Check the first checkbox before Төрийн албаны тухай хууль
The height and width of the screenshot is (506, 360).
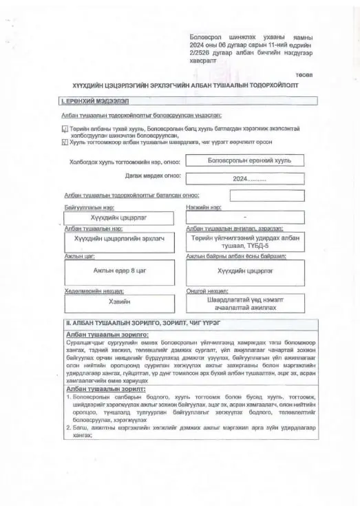point(65,129)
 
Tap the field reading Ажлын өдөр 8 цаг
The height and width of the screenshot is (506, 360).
point(120,271)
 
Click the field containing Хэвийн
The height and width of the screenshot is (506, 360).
point(120,302)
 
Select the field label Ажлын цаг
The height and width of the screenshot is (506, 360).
point(78,256)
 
